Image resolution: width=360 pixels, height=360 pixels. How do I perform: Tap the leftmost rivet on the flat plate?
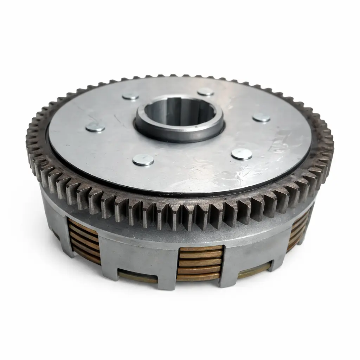click(x=95, y=127)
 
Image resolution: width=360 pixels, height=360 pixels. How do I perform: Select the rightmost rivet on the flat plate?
click(x=262, y=118)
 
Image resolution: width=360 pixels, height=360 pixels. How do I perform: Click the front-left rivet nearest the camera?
click(x=143, y=160)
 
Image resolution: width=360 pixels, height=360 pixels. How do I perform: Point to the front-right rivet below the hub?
click(x=242, y=154)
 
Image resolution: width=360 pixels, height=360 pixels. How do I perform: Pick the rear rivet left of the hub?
click(x=130, y=96)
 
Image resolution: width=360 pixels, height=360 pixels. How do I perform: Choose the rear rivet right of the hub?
click(x=206, y=92)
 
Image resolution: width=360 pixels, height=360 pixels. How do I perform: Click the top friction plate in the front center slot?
click(x=201, y=249)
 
